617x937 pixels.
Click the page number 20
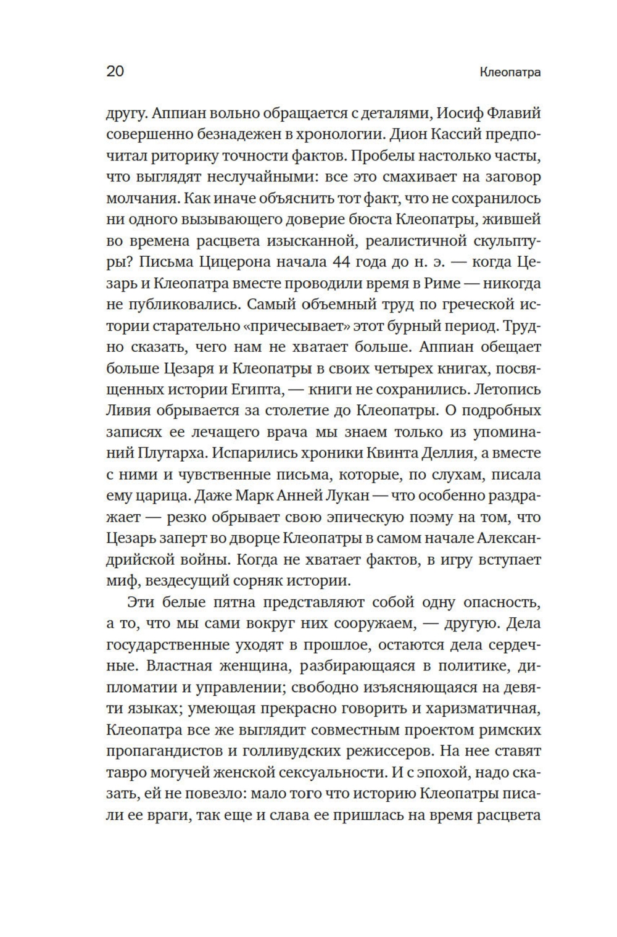115,71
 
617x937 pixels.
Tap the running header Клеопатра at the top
510,72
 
